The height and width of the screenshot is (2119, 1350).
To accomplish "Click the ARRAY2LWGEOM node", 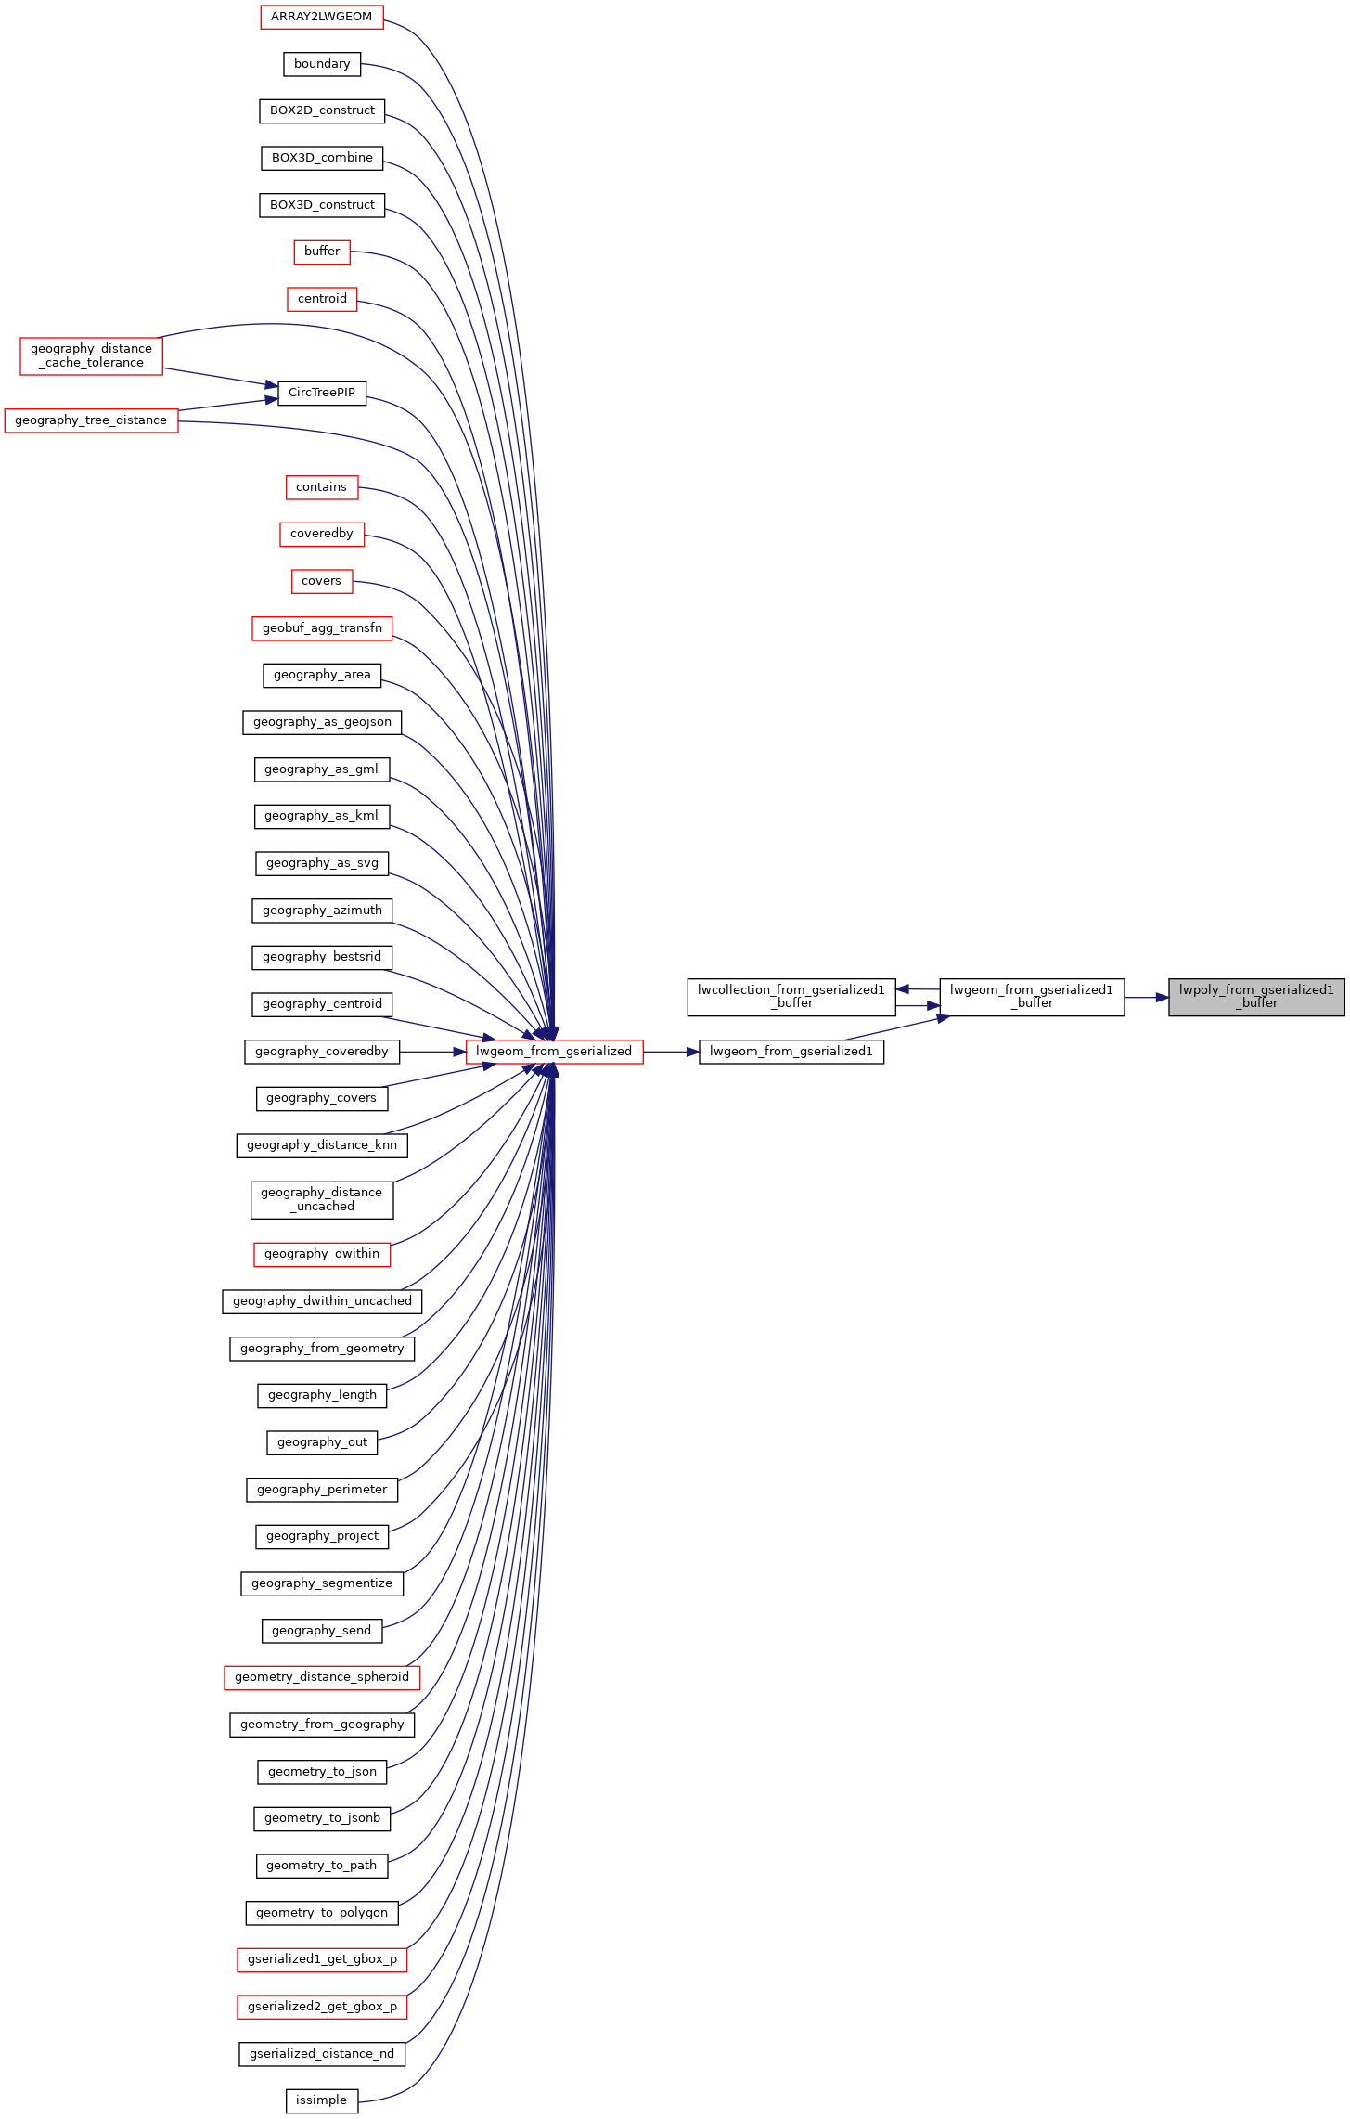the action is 321,17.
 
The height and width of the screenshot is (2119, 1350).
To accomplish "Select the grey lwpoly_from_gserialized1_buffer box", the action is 1256,997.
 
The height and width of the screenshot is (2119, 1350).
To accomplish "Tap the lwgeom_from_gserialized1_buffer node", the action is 1032,997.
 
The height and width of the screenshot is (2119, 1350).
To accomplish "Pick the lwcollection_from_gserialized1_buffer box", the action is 791,997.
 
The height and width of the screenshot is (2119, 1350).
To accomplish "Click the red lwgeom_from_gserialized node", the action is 554,1052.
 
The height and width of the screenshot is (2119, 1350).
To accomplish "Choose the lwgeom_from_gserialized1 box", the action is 791,1052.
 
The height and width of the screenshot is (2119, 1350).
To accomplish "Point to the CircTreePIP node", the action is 322,393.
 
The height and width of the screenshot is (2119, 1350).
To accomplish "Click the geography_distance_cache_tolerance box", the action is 91,356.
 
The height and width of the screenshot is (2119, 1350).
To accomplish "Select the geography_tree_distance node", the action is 91,420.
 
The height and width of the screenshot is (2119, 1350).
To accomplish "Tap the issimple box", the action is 321,2100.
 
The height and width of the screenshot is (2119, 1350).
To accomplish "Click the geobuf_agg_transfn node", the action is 322,628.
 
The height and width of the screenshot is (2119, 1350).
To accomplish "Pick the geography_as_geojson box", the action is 322,722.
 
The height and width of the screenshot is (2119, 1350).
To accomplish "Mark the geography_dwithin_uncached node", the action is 322,1301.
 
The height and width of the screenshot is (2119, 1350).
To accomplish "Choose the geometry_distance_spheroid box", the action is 322,1677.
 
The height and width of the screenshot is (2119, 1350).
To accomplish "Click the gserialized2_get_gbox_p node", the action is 322,2007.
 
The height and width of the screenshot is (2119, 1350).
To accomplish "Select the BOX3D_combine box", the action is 322,158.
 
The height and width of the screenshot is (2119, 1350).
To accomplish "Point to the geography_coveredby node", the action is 322,1052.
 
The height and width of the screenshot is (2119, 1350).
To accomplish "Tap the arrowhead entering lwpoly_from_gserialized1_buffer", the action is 1162,998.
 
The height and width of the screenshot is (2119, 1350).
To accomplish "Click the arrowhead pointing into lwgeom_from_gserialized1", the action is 692,1052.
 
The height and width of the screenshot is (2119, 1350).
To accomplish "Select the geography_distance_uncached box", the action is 322,1200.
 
